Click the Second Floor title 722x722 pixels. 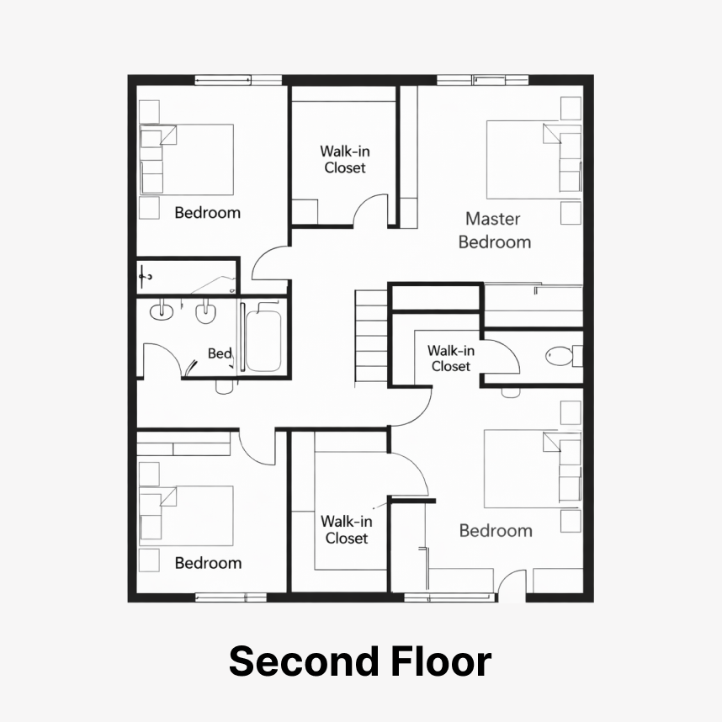(x=360, y=661)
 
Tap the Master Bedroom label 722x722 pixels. (x=494, y=231)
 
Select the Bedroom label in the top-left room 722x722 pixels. (x=208, y=213)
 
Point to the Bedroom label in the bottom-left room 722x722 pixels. (x=208, y=563)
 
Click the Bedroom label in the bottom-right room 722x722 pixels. (x=496, y=530)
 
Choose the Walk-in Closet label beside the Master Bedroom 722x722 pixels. (x=345, y=159)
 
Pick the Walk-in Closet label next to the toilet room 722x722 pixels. (x=451, y=358)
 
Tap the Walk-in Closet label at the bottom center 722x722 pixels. (x=346, y=529)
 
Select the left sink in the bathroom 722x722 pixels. (x=162, y=311)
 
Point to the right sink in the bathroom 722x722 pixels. (x=205, y=313)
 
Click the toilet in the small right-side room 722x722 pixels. (x=564, y=356)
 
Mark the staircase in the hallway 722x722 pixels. (x=371, y=336)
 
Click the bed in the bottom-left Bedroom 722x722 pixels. (x=186, y=516)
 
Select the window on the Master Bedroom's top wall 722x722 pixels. (x=482, y=80)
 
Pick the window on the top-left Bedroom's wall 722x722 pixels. (x=238, y=80)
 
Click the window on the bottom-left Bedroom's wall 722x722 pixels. (x=231, y=597)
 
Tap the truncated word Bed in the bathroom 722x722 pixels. (x=220, y=353)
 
